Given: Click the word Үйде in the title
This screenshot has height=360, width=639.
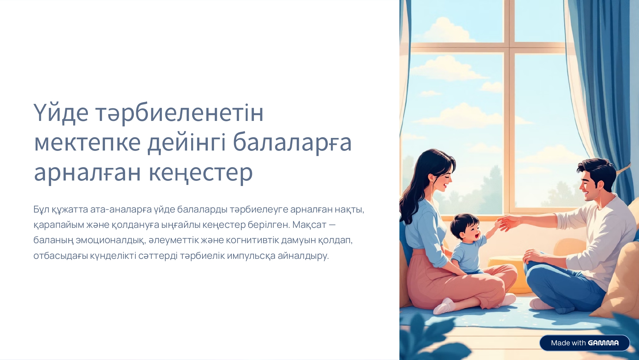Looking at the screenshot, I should tap(61, 113).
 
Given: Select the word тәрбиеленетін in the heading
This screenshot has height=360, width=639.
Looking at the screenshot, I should tap(179, 113).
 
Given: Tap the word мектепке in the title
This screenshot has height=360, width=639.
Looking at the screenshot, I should tap(87, 142).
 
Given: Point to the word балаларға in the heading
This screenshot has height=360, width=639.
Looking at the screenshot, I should tap(292, 142).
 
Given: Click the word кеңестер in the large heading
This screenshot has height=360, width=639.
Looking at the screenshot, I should tap(201, 172).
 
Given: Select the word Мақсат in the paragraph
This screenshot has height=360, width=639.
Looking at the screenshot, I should tap(309, 225).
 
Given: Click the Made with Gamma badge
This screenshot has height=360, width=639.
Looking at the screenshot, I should tap(584, 343).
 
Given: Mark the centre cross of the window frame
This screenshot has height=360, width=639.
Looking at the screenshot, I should tap(509, 48).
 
